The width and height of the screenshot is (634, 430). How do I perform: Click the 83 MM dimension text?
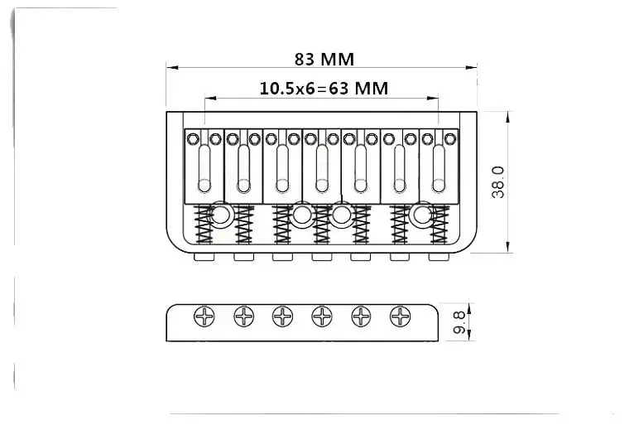point(324,59)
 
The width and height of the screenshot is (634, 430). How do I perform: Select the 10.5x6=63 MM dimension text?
point(324,88)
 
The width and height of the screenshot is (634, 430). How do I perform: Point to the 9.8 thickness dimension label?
point(459,321)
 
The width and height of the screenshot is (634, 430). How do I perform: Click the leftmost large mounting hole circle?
point(221,215)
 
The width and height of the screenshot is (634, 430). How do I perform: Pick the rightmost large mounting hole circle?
point(424,215)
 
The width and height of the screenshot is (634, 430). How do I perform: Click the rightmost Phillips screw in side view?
point(401,316)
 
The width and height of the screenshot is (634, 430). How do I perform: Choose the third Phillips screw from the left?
point(283,316)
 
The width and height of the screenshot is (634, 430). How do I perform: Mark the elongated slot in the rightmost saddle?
point(439,163)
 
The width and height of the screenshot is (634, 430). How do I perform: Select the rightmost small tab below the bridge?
point(439,257)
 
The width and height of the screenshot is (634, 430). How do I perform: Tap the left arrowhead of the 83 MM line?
point(170,67)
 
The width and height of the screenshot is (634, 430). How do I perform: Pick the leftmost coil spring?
point(200,225)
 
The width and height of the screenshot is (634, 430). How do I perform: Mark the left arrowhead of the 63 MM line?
point(208,97)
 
